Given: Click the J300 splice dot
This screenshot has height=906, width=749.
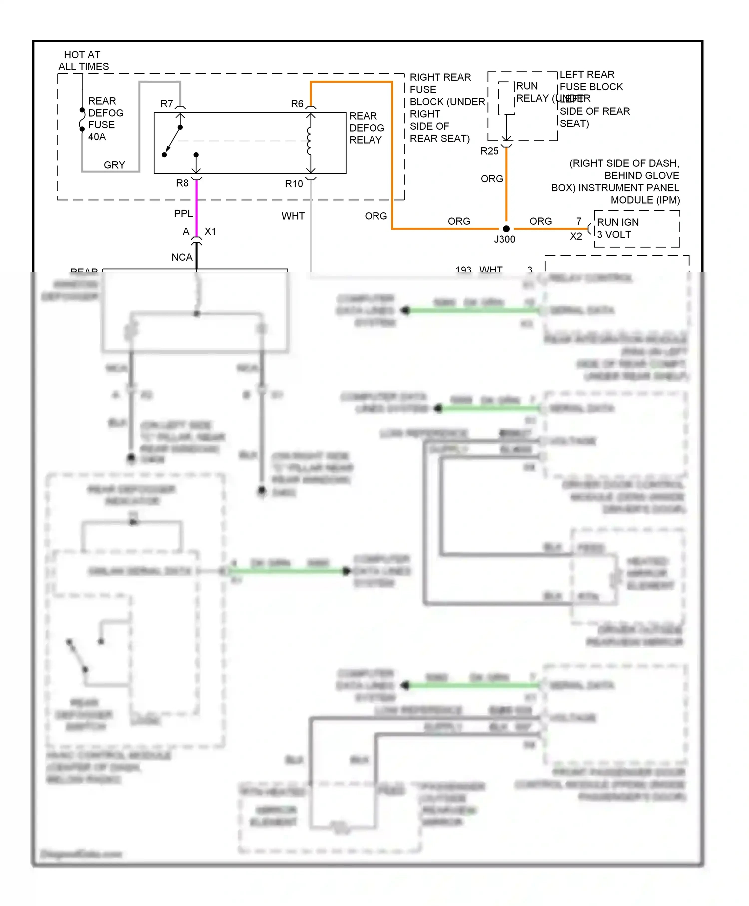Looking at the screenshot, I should pos(506,229).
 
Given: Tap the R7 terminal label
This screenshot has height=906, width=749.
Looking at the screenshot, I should pos(167,104).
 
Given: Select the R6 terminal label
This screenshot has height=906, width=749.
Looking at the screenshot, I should pos(297,104).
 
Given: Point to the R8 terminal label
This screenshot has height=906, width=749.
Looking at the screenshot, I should pos(182,183).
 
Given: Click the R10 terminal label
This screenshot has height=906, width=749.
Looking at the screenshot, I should pos(294,184).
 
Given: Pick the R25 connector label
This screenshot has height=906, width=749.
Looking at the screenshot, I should pos(489,151).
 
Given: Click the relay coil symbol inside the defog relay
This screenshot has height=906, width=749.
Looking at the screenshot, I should pos(310,141).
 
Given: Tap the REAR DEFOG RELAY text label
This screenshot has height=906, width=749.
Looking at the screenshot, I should pos(366,128).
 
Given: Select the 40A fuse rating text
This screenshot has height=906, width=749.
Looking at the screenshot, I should pos(97,137).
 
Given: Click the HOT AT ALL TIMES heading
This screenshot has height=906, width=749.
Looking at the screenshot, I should pos(83,60).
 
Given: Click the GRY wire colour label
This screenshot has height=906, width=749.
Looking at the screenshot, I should pos(114,165).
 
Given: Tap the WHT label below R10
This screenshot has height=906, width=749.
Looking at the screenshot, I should pos(293,216).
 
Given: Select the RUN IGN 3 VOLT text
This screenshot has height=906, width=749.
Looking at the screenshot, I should pos(617,228).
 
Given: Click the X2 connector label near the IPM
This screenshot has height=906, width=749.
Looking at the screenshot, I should pos(576,236).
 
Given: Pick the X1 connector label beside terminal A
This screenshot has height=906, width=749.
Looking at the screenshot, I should pos(210,232).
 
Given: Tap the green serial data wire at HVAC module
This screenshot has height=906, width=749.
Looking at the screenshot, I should pos(285,571).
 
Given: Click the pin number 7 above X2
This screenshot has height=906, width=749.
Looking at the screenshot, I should pos(579,221).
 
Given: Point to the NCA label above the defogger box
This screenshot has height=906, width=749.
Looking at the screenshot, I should pos(182,257).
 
